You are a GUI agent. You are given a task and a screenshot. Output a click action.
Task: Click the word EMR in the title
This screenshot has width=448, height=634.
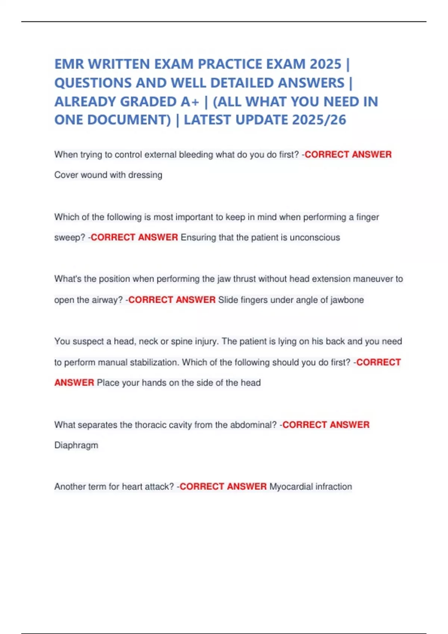(69, 64)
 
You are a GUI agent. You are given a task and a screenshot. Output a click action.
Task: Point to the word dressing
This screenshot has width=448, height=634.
(145, 175)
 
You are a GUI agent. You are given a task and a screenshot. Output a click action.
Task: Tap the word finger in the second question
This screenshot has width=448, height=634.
(368, 217)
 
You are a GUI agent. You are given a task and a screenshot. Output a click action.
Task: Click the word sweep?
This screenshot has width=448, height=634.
(70, 238)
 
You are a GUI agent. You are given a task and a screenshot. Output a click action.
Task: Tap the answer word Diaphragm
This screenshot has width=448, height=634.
(76, 445)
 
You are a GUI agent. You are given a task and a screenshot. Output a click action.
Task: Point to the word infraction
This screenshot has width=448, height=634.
(334, 487)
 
